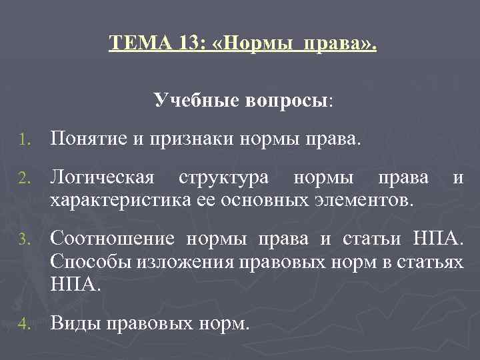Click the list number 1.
click(x=23, y=141)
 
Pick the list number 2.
click(x=23, y=179)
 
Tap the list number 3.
click(x=23, y=239)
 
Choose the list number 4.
click(x=23, y=325)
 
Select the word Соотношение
click(x=113, y=239)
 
